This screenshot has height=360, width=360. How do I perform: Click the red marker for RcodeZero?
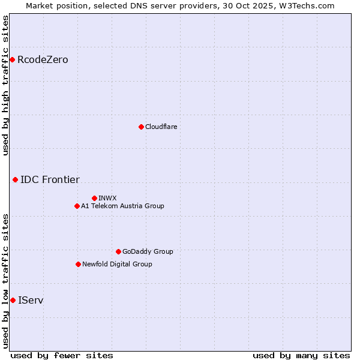click(x=12, y=59)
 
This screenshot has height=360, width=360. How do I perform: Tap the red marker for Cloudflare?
click(x=141, y=127)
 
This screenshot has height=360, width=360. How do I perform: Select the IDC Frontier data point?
click(x=15, y=179)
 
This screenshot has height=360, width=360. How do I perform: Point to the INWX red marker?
click(x=94, y=198)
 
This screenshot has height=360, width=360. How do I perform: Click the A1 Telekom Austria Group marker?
click(x=77, y=206)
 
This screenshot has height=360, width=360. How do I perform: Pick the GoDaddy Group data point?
click(x=118, y=251)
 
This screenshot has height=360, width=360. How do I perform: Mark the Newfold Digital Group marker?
click(x=78, y=264)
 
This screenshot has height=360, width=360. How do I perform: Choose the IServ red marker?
click(x=13, y=300)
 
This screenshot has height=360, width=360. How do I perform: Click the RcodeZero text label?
click(x=43, y=59)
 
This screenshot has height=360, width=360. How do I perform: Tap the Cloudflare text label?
click(x=161, y=127)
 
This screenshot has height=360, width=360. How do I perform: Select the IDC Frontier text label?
click(x=50, y=179)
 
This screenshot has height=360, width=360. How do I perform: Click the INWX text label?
click(x=107, y=198)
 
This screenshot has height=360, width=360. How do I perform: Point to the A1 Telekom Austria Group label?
click(x=122, y=206)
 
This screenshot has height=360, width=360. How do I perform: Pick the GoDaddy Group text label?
click(x=148, y=251)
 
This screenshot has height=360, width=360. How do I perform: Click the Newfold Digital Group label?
click(x=117, y=264)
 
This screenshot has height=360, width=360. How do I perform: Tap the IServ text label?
click(x=31, y=300)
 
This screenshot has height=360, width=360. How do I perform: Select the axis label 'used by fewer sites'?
click(x=62, y=355)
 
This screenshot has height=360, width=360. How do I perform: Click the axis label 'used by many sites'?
click(x=301, y=355)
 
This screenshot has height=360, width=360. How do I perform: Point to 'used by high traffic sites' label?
click(x=5, y=85)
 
